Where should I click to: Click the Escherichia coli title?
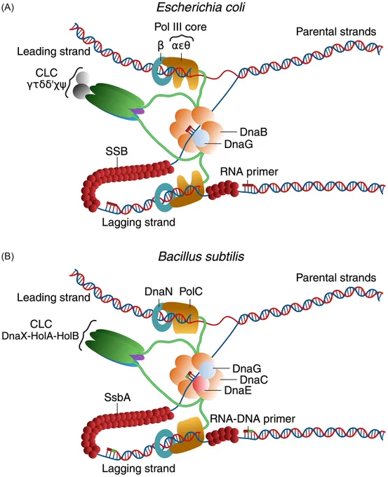[x=201, y=8]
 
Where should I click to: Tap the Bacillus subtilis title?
[x=201, y=257]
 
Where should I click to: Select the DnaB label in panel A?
[x=253, y=132]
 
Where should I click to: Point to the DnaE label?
[x=238, y=390]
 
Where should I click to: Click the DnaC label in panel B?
[x=254, y=379]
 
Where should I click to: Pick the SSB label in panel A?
[x=116, y=152]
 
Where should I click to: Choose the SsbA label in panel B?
[x=117, y=397]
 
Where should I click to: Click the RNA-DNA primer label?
[x=253, y=419]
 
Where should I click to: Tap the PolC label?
[x=191, y=291]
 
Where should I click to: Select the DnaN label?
[x=159, y=291]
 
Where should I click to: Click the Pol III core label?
[x=180, y=27]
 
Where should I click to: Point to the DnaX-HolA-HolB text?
[x=40, y=335]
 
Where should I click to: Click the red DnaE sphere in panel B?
[x=201, y=384]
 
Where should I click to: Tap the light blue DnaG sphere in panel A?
[x=201, y=138]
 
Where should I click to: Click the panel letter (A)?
[x=8, y=8]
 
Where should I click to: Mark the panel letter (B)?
[x=8, y=257]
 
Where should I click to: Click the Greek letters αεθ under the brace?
[x=181, y=46]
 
